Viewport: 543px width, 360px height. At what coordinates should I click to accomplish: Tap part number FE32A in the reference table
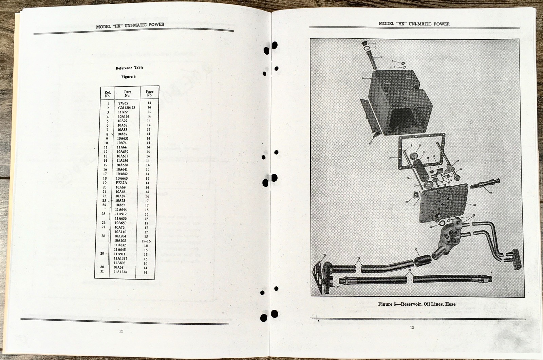[x=121, y=183]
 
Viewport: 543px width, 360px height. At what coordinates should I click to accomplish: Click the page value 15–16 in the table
[x=146, y=241]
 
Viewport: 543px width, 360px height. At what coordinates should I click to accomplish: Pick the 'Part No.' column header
[x=128, y=93]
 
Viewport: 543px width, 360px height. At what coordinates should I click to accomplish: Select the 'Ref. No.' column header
[x=108, y=94]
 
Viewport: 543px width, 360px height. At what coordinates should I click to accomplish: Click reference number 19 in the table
[x=105, y=183]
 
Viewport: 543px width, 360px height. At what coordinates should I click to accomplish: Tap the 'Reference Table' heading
[x=129, y=68]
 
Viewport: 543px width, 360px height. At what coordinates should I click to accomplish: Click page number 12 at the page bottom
[x=121, y=331]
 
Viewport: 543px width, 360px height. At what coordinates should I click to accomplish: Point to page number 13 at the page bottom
[x=412, y=327]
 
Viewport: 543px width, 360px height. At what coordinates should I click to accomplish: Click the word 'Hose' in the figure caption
[x=450, y=304]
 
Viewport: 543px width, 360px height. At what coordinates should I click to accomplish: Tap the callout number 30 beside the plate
[x=474, y=205]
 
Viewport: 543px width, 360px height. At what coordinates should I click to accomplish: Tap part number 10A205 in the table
[x=121, y=241]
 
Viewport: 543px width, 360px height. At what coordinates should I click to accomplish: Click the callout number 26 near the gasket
[x=324, y=255]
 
